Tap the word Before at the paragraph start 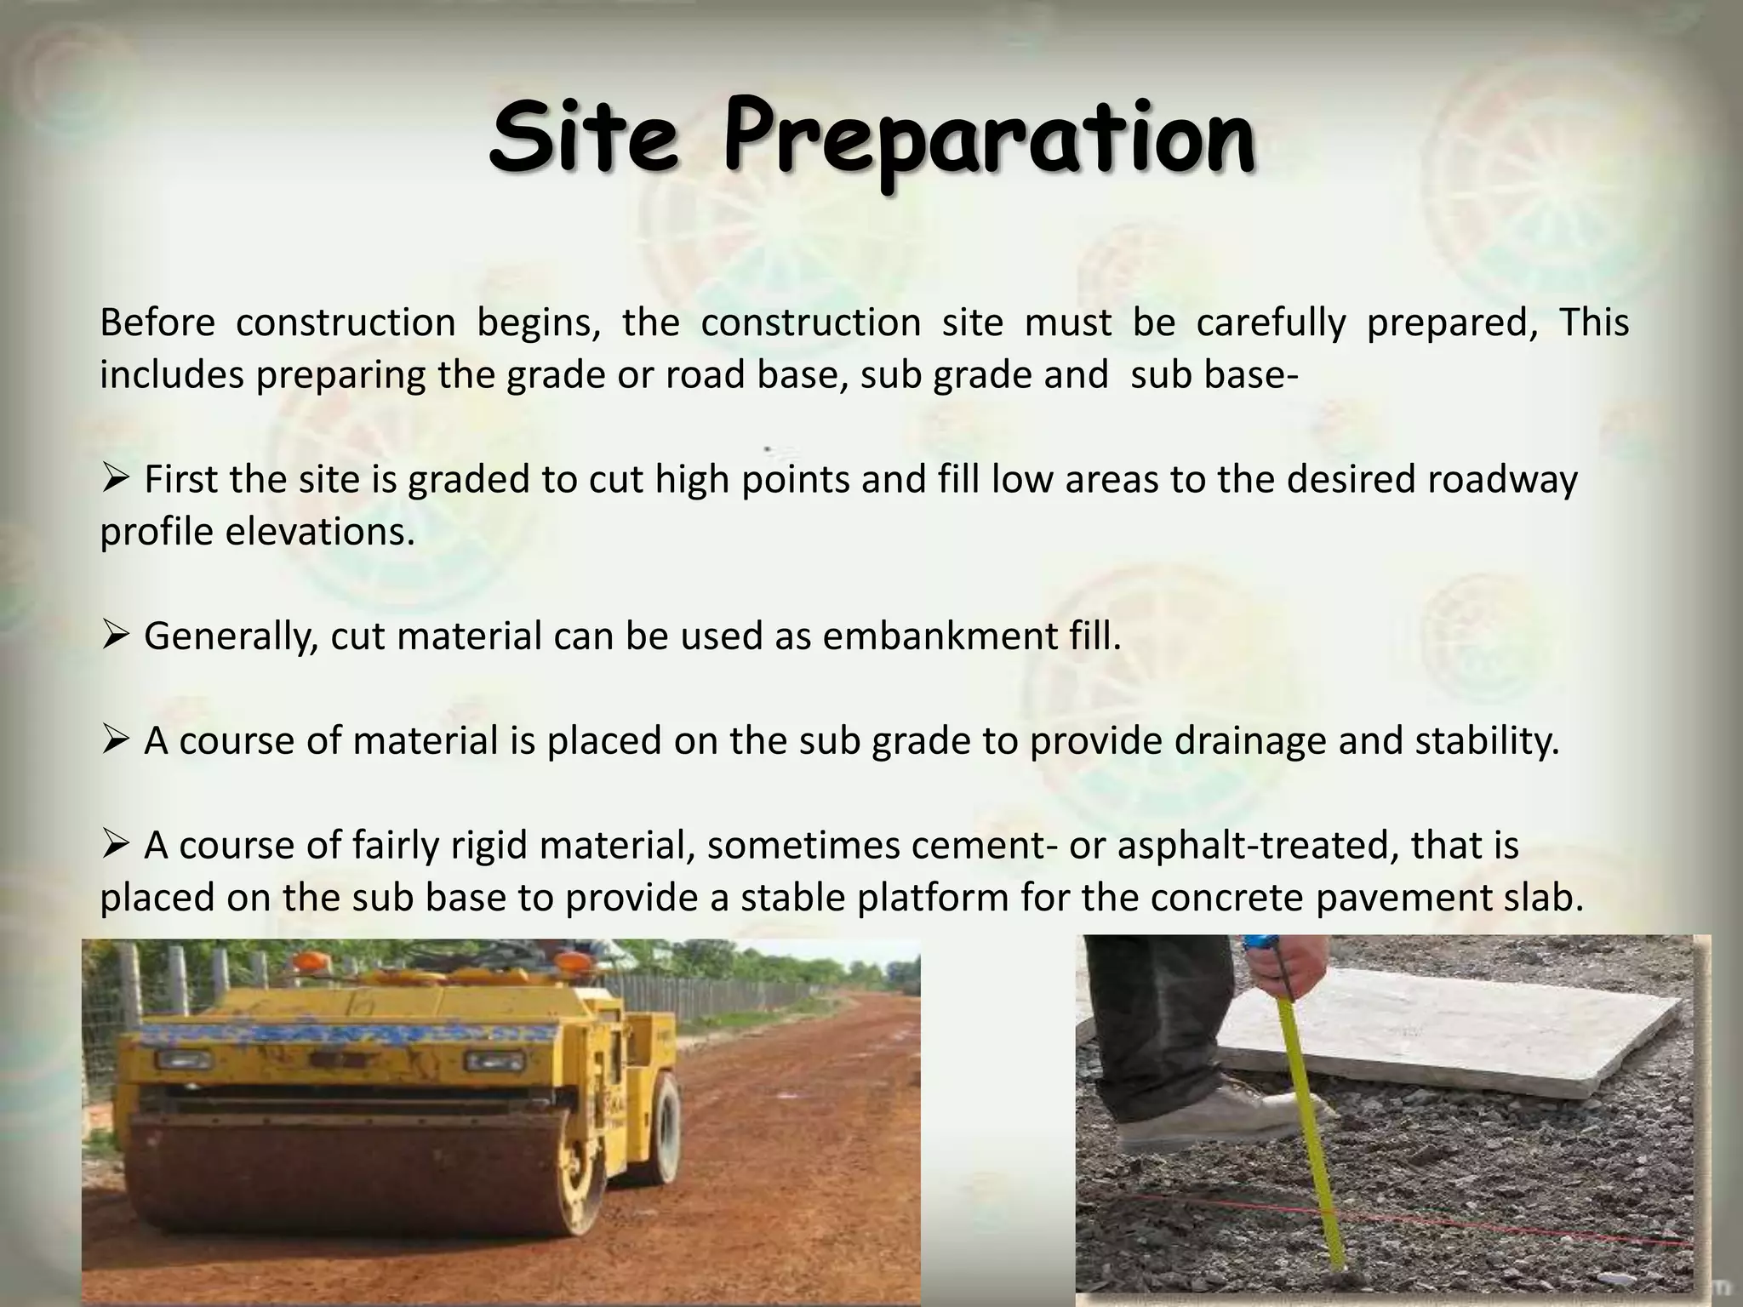click(x=157, y=322)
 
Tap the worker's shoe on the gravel click(x=1209, y=1110)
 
